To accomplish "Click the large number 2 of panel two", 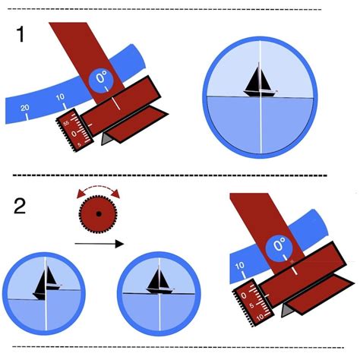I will (x=21, y=206).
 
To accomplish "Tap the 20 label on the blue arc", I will (x=25, y=109).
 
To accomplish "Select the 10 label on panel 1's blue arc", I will (x=60, y=98).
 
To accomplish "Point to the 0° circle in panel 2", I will (x=279, y=245).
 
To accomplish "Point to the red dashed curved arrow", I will (x=97, y=188).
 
